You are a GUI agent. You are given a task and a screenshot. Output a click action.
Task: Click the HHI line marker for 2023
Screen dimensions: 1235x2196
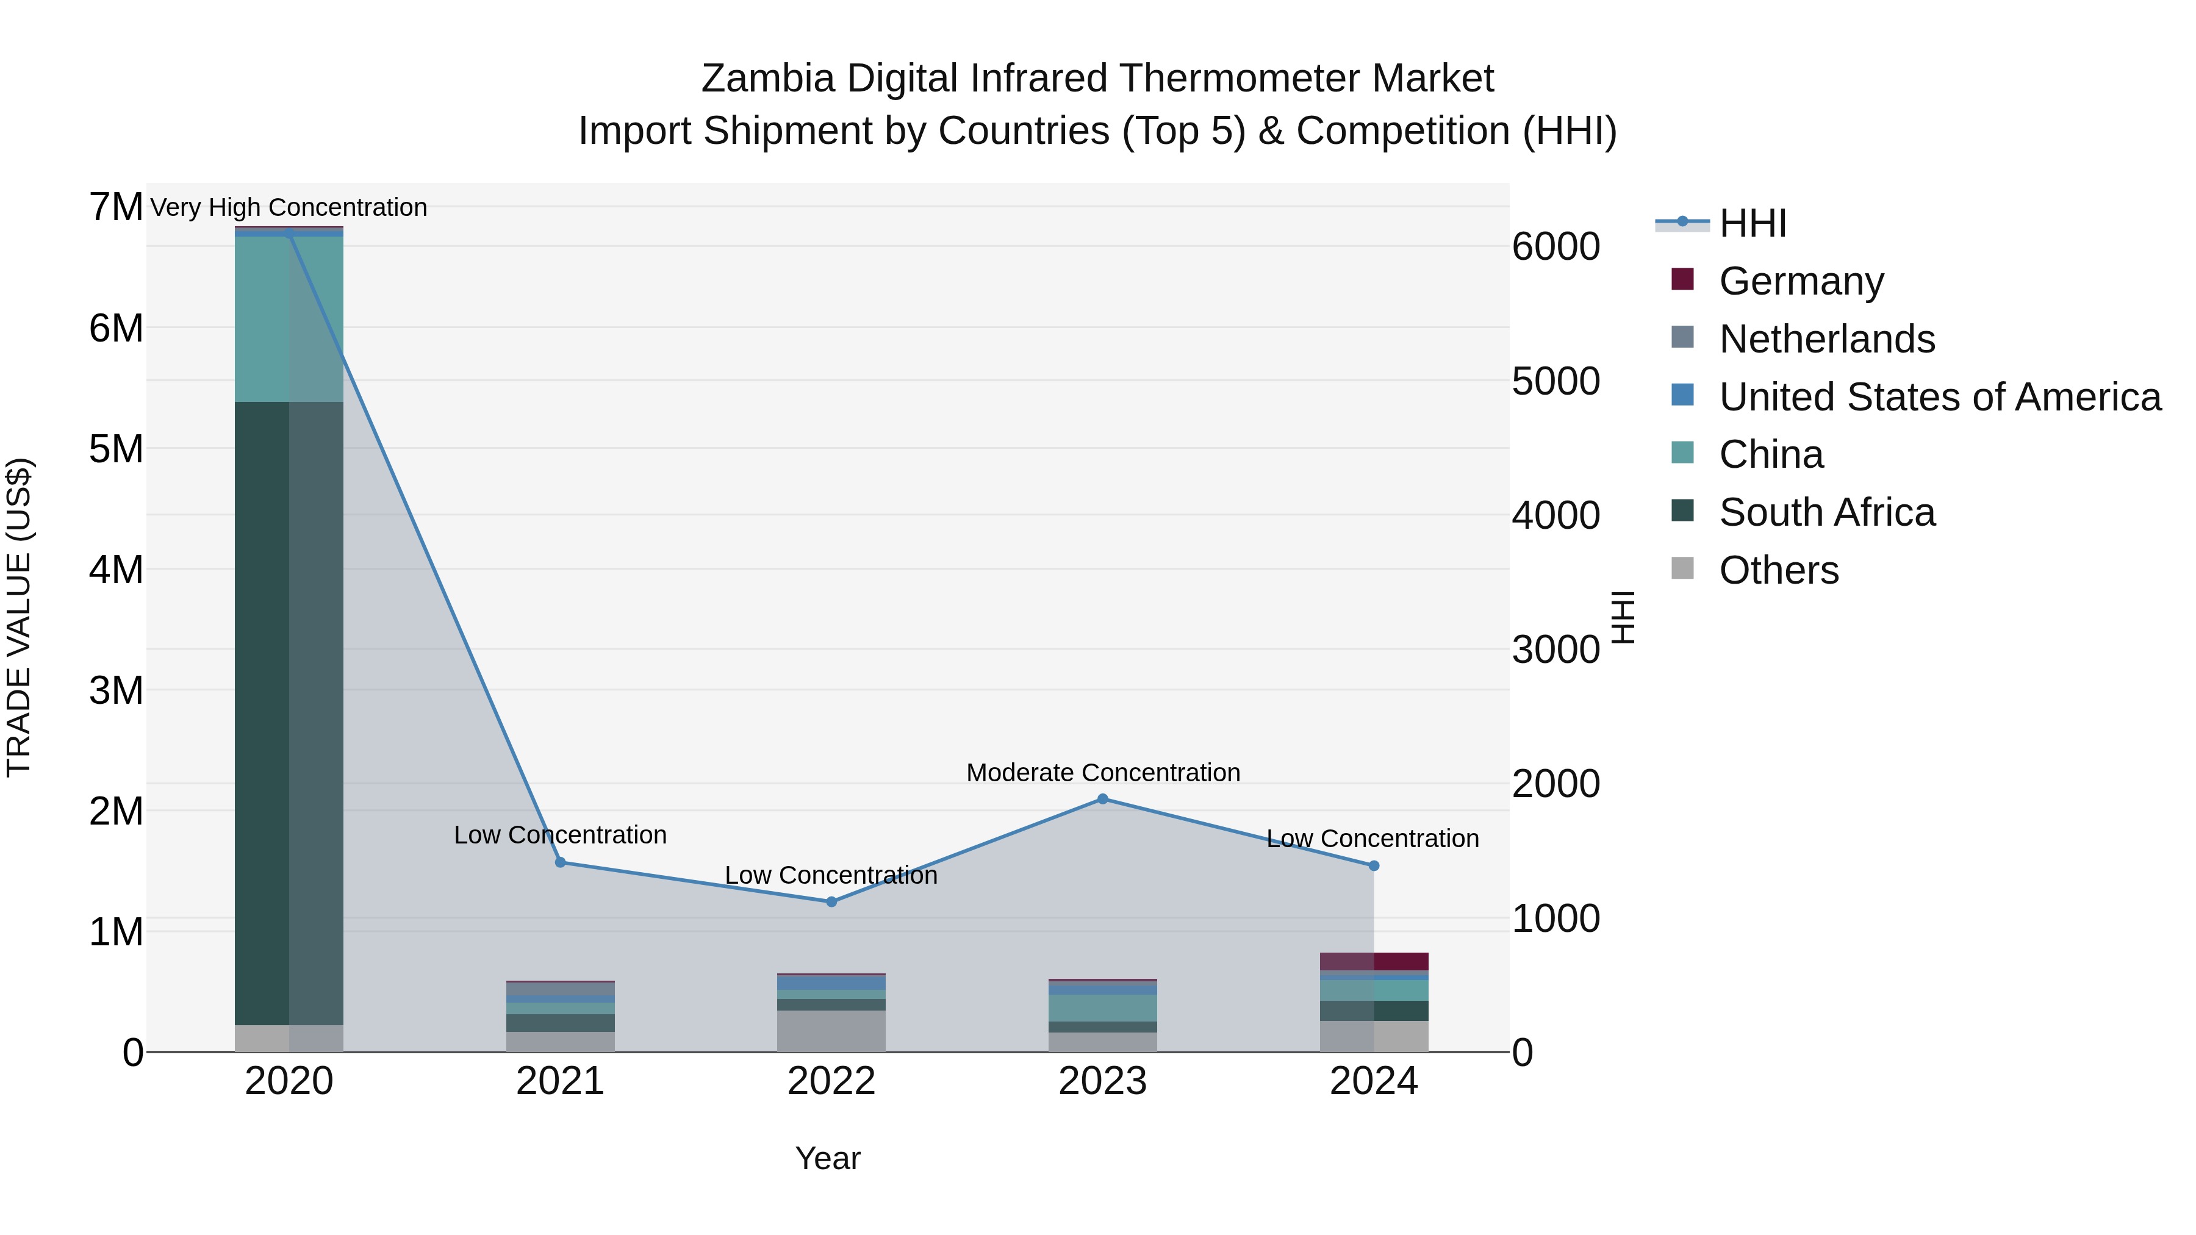point(1102,798)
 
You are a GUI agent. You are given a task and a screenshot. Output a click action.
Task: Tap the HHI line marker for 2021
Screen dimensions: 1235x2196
point(560,862)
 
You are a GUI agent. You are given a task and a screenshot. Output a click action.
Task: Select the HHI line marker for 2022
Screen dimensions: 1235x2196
point(831,901)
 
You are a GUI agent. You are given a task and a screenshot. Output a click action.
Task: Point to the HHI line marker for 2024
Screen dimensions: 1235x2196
point(1373,865)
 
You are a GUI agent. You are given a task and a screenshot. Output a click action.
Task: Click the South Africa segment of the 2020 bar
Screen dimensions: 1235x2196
point(289,712)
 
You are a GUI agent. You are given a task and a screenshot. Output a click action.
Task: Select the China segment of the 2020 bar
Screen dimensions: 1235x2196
point(289,319)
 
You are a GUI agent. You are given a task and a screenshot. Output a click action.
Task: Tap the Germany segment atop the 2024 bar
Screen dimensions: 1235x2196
point(1373,961)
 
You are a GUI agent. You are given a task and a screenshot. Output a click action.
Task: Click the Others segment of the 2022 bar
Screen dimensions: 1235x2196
point(831,1031)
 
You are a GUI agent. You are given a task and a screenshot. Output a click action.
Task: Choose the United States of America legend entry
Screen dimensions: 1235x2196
point(1939,396)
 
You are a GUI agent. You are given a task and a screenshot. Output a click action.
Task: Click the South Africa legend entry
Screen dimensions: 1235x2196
point(1825,512)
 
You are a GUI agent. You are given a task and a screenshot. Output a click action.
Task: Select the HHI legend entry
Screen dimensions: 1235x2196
point(1752,223)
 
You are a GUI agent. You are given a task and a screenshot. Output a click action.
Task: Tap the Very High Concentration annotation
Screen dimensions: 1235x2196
point(288,207)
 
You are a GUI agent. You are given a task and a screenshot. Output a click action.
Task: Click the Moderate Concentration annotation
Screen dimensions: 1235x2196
point(1102,772)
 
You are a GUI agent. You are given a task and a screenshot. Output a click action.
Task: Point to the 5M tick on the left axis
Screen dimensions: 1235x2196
point(116,449)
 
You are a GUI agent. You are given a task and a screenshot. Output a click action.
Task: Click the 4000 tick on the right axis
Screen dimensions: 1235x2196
point(1555,515)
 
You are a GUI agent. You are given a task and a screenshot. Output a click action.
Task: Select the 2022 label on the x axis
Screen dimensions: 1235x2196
point(831,1081)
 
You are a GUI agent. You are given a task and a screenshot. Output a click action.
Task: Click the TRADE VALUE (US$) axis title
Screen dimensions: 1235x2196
point(19,617)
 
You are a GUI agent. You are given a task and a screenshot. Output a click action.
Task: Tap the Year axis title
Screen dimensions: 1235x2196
point(827,1158)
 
